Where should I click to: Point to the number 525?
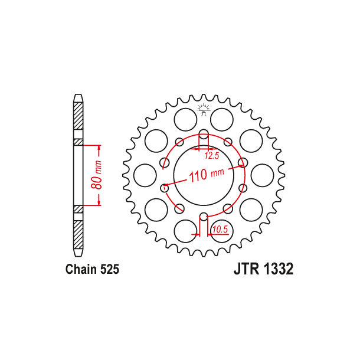109,270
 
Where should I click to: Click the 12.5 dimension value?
212,156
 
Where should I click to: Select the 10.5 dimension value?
220,229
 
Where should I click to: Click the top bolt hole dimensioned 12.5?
203,133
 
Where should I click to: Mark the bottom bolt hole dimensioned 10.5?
203,217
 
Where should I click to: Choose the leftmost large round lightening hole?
145,175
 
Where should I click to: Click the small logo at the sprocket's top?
204,108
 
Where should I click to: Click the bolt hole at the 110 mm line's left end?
165,187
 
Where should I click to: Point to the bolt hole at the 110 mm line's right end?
241,163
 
